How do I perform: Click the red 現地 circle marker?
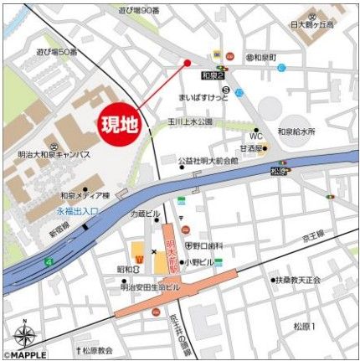click(118, 126)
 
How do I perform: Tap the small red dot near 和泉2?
click(187, 63)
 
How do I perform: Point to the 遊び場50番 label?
click(56, 51)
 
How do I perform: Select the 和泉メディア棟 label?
click(85, 194)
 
